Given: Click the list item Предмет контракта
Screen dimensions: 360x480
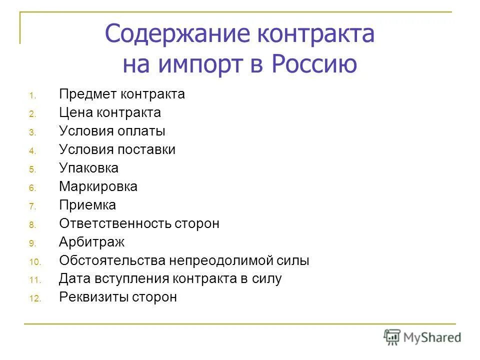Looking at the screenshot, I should tap(122, 94).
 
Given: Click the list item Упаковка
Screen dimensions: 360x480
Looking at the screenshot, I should tap(88, 168).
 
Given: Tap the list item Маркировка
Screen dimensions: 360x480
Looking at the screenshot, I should tap(98, 186).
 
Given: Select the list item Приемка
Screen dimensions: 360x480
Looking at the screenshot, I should tap(87, 205).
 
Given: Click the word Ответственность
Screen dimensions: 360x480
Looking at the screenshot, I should tap(115, 223).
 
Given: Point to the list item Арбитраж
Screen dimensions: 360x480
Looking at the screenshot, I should tap(91, 242).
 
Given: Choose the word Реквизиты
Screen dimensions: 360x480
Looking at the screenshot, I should tap(93, 297).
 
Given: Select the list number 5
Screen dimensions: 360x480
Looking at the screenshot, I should tap(31, 169).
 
